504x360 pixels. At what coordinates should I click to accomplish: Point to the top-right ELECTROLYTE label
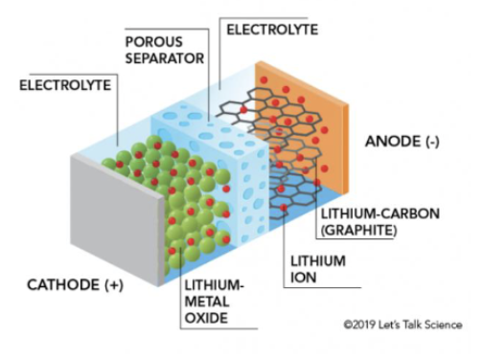(272, 29)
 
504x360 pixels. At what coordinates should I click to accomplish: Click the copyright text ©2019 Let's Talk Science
(403, 325)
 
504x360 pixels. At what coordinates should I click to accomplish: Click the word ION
(300, 279)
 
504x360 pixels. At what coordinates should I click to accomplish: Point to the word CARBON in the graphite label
(393, 214)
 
